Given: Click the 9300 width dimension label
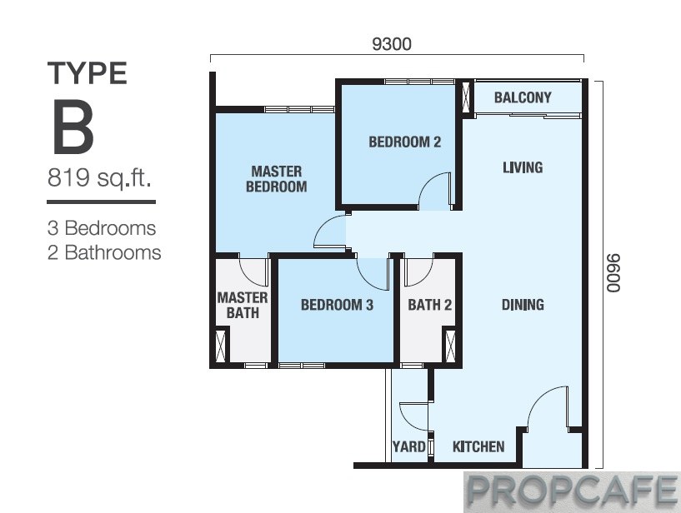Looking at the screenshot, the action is point(392,44).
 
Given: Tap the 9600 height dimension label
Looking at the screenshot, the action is point(613,273).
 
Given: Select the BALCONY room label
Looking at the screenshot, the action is point(523,97).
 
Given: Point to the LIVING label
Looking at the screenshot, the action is point(523,167).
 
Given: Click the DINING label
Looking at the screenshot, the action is point(523,305).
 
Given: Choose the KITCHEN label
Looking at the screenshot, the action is point(478,446).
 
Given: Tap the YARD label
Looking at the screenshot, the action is point(408,446).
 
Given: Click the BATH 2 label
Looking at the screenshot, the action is point(429,305).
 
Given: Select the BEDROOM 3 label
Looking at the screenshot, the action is point(337,305).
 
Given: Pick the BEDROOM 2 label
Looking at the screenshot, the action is point(405,142).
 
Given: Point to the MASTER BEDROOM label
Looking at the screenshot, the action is point(276,179).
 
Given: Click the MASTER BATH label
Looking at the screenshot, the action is point(243,305).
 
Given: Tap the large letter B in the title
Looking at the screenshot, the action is point(73,127).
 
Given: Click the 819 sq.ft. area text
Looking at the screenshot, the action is point(99,177).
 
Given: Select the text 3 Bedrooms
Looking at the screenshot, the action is point(102,228).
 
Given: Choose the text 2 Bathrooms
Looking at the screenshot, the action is point(104,252).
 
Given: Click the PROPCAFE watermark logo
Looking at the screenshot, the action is point(572,492).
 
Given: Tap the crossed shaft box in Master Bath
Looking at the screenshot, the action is point(222,346).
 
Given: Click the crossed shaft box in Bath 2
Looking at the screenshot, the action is point(450,346).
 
